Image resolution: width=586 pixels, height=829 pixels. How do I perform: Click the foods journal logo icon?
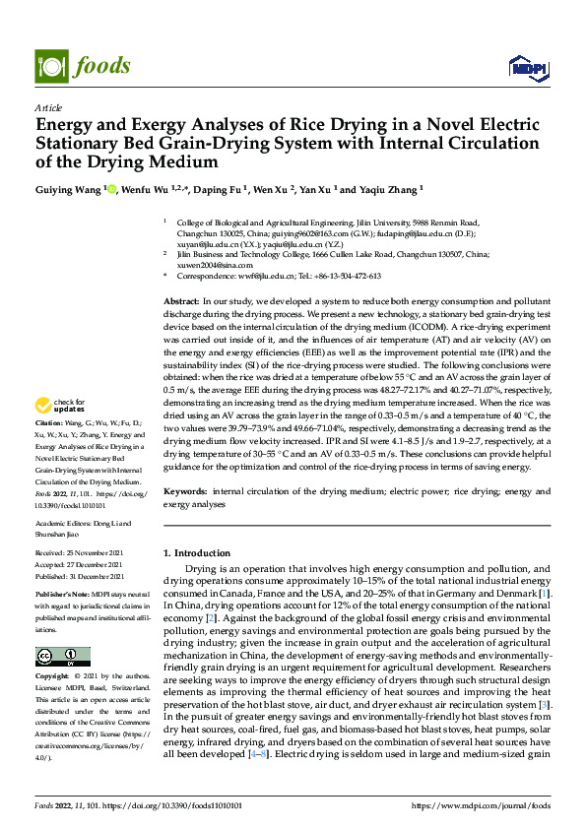coord(49,65)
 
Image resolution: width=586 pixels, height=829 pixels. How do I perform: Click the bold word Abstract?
coord(180,299)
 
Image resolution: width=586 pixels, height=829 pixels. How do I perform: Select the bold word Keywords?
coord(184,489)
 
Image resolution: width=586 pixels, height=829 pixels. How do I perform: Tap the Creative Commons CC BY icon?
coord(62,657)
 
